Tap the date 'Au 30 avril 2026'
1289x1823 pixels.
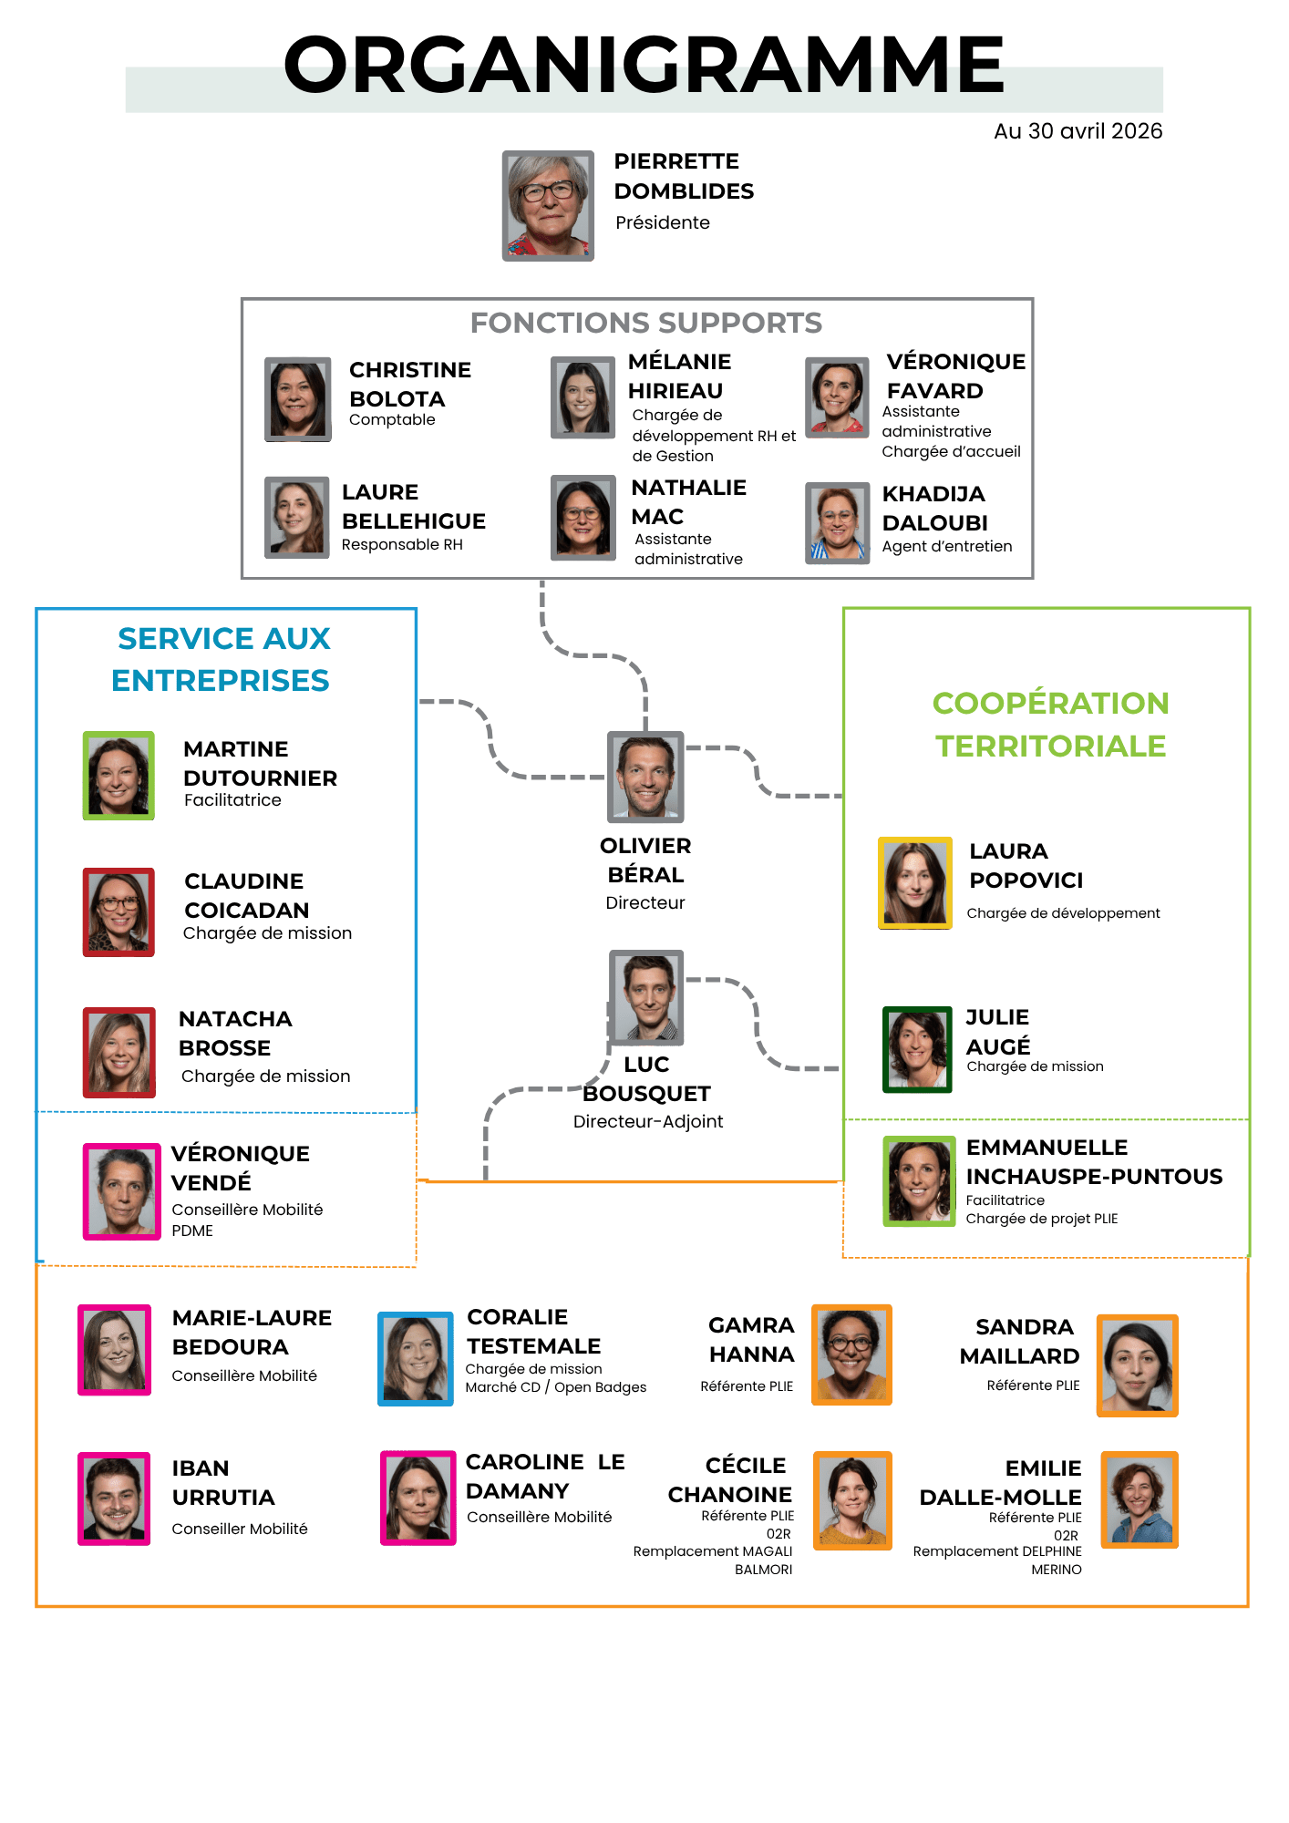[1078, 131]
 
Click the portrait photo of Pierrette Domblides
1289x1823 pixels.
[548, 206]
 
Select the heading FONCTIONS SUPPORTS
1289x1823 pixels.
[645, 323]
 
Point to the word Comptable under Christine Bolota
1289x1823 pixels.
[392, 419]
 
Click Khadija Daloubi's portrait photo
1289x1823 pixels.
[838, 523]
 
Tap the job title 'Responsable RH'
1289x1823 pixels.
[402, 544]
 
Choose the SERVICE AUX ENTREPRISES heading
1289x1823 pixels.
[222, 659]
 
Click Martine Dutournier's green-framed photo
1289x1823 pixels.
[119, 776]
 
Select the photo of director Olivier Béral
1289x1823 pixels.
[645, 777]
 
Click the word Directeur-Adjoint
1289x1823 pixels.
[648, 1121]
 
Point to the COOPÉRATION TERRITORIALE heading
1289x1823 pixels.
[1050, 725]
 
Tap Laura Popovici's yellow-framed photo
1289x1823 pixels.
[915, 883]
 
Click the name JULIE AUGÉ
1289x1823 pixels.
[998, 1032]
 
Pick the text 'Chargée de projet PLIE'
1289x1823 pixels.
[1042, 1219]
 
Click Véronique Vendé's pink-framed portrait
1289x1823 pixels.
[122, 1191]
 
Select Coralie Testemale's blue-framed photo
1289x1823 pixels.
[416, 1358]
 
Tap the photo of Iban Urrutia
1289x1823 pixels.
[114, 1499]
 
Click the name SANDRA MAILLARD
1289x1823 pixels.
[1020, 1342]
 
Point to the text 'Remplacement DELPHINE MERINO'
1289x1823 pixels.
[998, 1560]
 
